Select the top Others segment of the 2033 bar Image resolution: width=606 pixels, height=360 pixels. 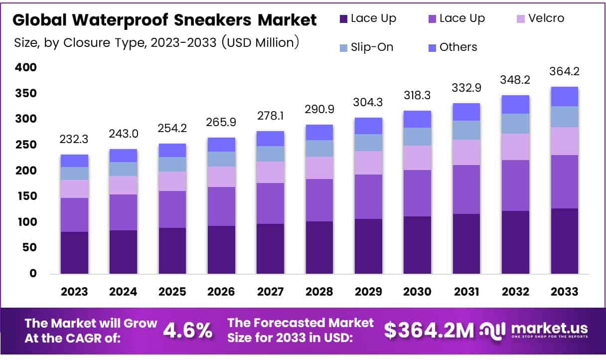pyautogui.click(x=564, y=96)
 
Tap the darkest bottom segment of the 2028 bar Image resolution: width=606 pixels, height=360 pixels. pyautogui.click(x=319, y=247)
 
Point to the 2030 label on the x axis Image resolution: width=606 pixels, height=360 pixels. pyautogui.click(x=418, y=292)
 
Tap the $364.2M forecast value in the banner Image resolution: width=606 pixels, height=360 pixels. pyautogui.click(x=429, y=330)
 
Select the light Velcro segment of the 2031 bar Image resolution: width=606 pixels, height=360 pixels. pyautogui.click(x=466, y=152)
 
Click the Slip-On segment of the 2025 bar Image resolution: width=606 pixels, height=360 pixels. pyautogui.click(x=172, y=164)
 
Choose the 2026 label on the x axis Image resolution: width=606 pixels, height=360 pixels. pyautogui.click(x=221, y=292)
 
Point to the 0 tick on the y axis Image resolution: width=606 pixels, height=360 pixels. pyautogui.click(x=33, y=273)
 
